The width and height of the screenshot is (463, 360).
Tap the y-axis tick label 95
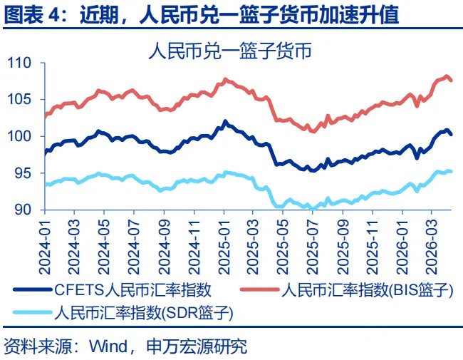(x=25, y=173)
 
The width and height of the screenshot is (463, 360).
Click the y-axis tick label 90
(x=25, y=210)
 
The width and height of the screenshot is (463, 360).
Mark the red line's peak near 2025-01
(x=225, y=79)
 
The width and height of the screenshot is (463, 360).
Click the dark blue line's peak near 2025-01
(x=225, y=122)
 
